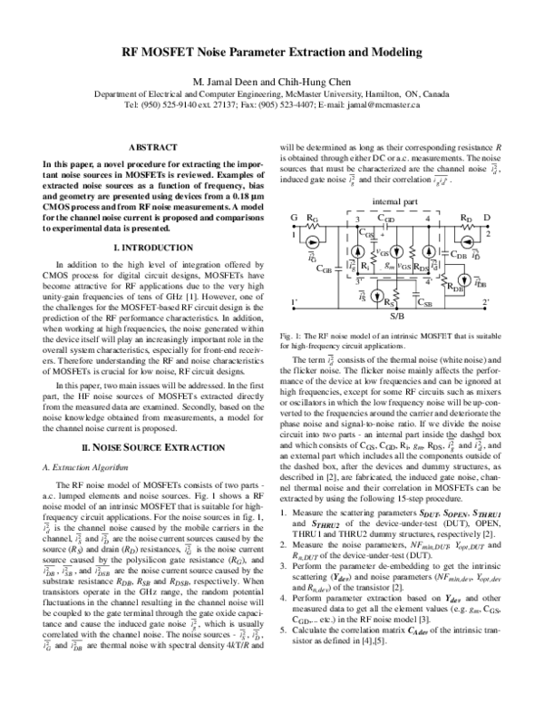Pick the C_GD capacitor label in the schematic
click(x=386, y=219)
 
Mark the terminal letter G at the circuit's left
click(x=292, y=219)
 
